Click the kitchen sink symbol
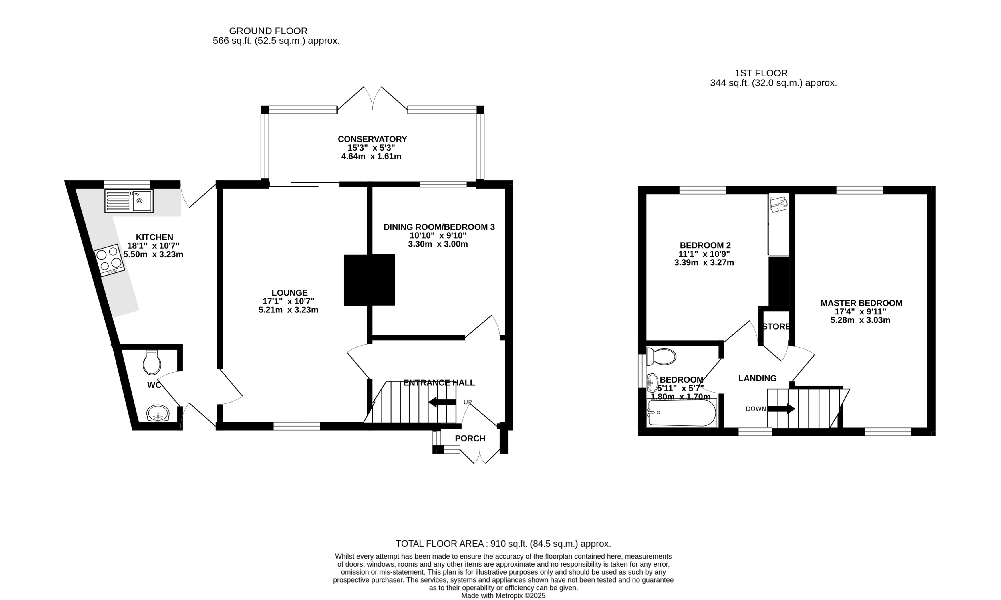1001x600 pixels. click(x=128, y=201)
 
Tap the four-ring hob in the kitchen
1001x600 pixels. click(x=109, y=260)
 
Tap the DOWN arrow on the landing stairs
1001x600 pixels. click(x=781, y=409)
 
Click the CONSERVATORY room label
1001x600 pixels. click(x=372, y=139)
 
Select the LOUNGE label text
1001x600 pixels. click(x=289, y=293)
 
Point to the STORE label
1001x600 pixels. click(x=776, y=327)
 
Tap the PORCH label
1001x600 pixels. click(x=470, y=439)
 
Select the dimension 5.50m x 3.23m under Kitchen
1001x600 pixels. click(x=153, y=255)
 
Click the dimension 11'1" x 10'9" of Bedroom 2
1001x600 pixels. click(x=704, y=254)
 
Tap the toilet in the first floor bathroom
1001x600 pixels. click(x=662, y=357)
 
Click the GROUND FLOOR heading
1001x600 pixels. click(x=268, y=31)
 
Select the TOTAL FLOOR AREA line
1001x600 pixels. click(x=503, y=544)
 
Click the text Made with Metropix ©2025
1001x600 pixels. click(x=503, y=595)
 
